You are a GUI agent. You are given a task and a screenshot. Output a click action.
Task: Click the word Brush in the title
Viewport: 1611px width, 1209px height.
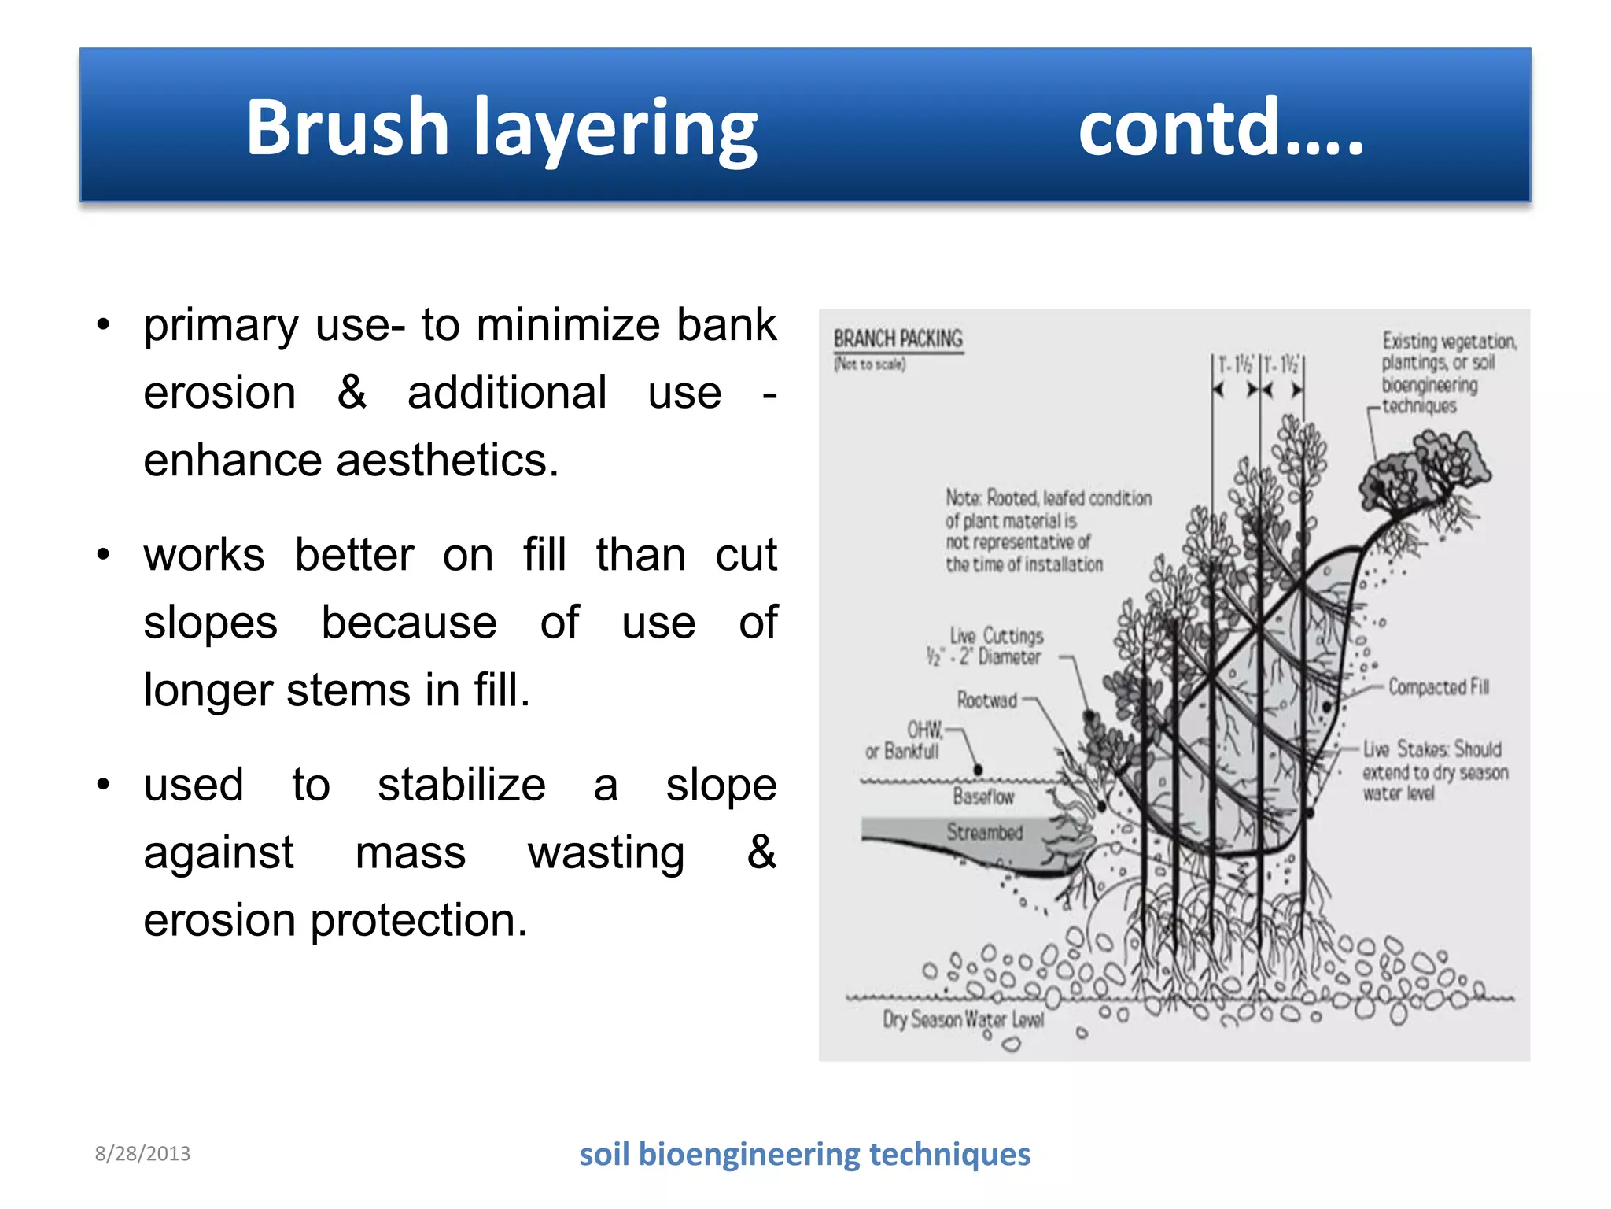click(x=347, y=128)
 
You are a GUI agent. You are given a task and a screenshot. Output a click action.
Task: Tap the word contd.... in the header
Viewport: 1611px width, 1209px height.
click(x=1220, y=128)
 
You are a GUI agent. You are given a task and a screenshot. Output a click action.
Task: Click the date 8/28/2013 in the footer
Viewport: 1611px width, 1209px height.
click(x=142, y=1154)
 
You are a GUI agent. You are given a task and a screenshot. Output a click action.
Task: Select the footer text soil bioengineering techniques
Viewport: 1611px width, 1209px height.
click(x=804, y=1154)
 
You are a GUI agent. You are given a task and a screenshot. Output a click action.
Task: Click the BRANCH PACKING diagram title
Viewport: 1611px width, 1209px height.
click(x=898, y=338)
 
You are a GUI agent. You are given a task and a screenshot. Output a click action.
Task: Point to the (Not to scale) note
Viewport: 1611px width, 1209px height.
click(x=870, y=364)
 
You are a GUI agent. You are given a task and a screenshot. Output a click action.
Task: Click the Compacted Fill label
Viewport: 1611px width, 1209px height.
click(x=1438, y=687)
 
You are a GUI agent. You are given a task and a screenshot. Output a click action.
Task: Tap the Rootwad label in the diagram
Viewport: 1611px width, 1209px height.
click(x=986, y=700)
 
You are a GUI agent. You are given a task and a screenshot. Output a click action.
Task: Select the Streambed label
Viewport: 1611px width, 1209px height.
click(x=984, y=832)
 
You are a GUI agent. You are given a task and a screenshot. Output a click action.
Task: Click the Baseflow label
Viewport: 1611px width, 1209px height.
click(x=983, y=797)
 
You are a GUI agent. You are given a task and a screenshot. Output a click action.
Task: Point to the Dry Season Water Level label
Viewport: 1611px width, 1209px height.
click(x=963, y=1019)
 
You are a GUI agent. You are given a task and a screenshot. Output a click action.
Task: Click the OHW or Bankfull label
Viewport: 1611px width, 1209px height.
click(x=905, y=740)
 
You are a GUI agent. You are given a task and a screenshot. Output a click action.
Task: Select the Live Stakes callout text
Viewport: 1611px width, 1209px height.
click(x=1434, y=771)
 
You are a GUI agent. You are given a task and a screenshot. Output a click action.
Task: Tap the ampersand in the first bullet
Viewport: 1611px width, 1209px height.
click(x=352, y=392)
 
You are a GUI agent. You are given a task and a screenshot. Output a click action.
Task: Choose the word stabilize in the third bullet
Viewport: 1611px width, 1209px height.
click(x=461, y=785)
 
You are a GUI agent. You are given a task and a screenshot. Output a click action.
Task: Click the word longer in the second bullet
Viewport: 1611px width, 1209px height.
click(x=208, y=690)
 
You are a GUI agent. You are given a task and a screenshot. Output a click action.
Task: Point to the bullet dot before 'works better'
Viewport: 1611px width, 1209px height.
click(x=103, y=556)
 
